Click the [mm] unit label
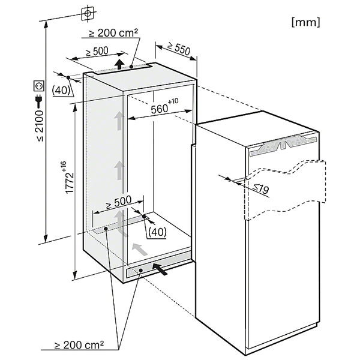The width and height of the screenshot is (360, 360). pos(305,22)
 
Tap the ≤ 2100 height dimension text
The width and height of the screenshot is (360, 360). pos(40,126)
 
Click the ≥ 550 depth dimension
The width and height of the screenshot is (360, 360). pos(179,49)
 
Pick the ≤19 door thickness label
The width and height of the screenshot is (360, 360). pos(261,189)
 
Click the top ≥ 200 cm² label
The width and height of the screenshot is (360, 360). pos(113,33)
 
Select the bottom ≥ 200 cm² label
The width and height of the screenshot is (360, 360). pos(79,344)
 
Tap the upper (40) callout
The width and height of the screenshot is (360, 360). pos(61,91)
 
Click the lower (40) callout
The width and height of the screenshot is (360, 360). pos(157,232)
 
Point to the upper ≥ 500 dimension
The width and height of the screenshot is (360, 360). pos(97,52)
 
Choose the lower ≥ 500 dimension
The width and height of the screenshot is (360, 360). pos(118,202)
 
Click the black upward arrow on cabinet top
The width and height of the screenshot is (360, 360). pos(119,64)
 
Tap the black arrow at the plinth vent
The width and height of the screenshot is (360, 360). pos(160,269)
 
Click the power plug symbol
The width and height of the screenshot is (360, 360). pos(39,101)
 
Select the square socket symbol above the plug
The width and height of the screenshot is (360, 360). pos(38,86)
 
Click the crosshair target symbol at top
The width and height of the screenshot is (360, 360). pos(88,14)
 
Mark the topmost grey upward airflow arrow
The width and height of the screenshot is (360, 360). pos(119,121)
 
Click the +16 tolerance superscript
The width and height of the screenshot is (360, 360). pos(64,166)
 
